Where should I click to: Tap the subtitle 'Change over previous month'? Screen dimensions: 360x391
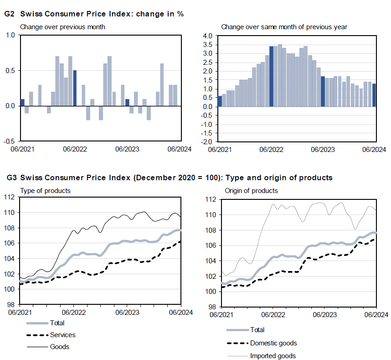(x=62, y=27)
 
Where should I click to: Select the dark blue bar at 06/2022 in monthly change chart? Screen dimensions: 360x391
(x=75, y=88)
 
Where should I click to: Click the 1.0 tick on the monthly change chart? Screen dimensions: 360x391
(x=10, y=35)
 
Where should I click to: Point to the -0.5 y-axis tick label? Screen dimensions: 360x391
(x=10, y=141)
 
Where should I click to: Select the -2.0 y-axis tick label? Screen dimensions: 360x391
(x=207, y=141)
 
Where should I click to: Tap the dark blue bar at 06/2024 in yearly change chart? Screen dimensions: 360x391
(x=374, y=95)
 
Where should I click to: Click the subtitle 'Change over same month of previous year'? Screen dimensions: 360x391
(x=284, y=27)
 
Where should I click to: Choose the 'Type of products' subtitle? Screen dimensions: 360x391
(x=45, y=190)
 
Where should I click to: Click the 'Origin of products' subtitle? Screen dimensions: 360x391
(x=251, y=190)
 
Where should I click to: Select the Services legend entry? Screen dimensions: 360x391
(x=62, y=335)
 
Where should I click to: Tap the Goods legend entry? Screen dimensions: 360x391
(x=59, y=347)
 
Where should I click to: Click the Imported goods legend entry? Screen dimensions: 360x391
(x=273, y=356)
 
